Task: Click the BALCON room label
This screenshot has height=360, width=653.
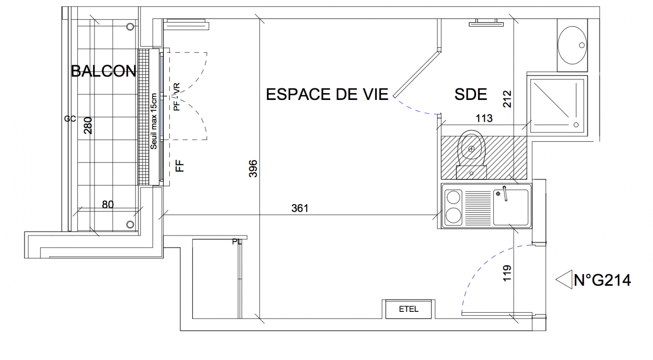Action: pos(104,71)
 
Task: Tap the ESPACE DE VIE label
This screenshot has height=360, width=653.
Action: pos(327,94)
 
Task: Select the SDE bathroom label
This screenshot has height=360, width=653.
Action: pos(471,94)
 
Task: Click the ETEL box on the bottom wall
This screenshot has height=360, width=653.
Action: pos(409,309)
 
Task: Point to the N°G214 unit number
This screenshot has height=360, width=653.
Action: pos(602,280)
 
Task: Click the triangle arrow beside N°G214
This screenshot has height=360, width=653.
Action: pos(564,279)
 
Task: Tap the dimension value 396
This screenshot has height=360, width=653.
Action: pos(253,168)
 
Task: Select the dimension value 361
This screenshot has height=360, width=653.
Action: pos(300,208)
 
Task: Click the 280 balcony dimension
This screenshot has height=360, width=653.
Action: pos(88,126)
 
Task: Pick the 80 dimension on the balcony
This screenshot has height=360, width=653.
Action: pos(108,205)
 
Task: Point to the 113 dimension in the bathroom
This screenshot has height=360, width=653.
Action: pos(484,118)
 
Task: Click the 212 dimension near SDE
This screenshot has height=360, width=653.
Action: pos(507,99)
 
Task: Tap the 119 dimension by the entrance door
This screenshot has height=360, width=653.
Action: pos(507,273)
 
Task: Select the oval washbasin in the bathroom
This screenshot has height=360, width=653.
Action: pos(572,45)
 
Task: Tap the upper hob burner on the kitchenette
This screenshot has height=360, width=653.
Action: pos(454,198)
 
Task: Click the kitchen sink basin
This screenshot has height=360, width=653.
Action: pos(511,207)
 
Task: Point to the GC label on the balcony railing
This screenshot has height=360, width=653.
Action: pos(70,119)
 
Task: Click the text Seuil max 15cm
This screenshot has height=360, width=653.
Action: pos(153,121)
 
